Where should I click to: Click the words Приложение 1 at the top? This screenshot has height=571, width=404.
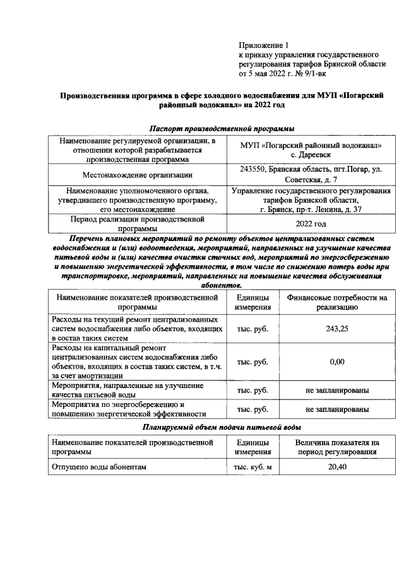point(263,45)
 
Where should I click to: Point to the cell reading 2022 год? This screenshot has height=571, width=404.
point(311,224)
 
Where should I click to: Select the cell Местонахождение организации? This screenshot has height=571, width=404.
point(138,175)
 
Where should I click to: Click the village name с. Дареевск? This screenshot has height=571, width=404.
point(311,154)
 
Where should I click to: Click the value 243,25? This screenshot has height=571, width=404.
point(337,328)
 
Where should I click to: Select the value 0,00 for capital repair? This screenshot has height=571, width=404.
point(337,362)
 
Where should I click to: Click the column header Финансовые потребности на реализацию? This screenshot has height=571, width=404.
point(337,302)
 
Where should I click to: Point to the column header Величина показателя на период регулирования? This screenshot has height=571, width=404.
point(337,447)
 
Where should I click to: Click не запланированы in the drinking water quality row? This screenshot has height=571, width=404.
point(337,391)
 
